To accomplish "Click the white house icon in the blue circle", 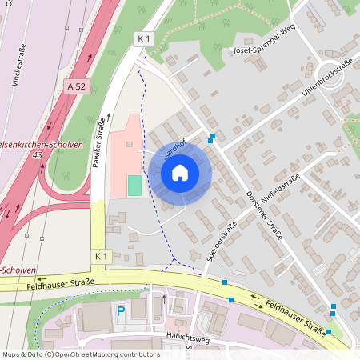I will tap(180, 172).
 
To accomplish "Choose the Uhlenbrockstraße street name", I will tap(327, 81).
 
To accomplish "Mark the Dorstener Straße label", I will tap(264, 214).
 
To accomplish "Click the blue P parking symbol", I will tap(121, 311).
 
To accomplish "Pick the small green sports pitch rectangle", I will tap(134, 185).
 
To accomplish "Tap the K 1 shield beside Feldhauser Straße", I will tap(100, 255).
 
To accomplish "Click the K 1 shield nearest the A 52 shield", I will tap(143, 38).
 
